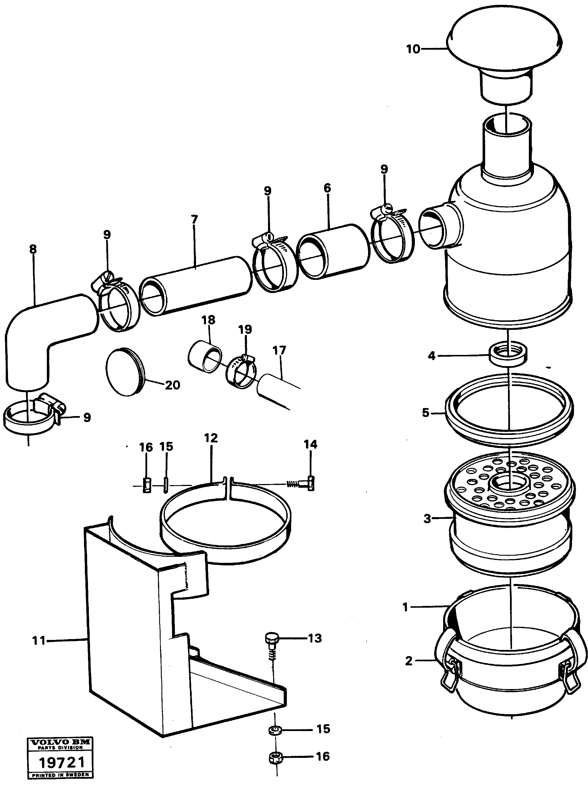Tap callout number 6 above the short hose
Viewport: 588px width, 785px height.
point(327,188)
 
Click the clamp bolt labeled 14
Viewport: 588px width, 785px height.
point(303,484)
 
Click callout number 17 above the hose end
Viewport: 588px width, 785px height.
point(279,351)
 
